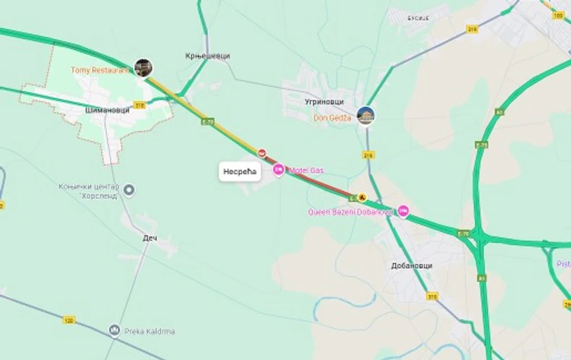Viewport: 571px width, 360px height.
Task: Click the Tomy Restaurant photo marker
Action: [143, 67]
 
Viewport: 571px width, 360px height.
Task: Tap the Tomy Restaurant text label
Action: [100, 70]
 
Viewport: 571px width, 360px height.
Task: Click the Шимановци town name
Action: [107, 110]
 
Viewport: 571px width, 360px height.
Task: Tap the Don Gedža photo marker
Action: [366, 115]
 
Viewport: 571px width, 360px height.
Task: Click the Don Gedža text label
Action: [332, 117]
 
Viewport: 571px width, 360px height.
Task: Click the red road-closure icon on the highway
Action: [262, 153]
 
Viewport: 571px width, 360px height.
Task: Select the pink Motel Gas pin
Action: [278, 169]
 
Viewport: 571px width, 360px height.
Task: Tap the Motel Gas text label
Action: [306, 170]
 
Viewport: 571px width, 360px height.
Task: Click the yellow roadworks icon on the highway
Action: [363, 197]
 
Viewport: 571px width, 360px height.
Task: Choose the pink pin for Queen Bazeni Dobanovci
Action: [403, 211]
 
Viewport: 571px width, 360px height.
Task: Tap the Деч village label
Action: [150, 238]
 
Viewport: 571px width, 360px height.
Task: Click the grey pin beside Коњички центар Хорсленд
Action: [129, 190]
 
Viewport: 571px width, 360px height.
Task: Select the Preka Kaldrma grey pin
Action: [114, 331]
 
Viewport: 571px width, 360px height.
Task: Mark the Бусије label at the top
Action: [418, 17]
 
